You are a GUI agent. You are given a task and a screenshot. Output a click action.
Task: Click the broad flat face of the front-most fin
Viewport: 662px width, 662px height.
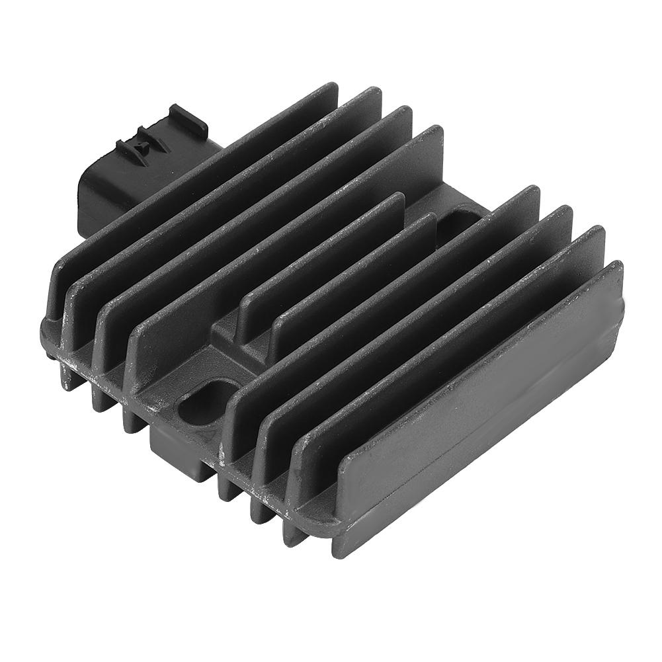483,410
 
